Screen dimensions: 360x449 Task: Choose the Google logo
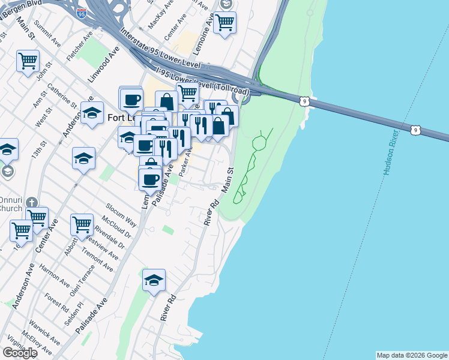[20, 352]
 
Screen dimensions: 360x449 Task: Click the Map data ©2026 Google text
[412, 355]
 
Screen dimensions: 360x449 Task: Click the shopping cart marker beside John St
[28, 61]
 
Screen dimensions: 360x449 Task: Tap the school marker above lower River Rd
[154, 280]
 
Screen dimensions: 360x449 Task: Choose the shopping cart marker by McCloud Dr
[82, 225]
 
